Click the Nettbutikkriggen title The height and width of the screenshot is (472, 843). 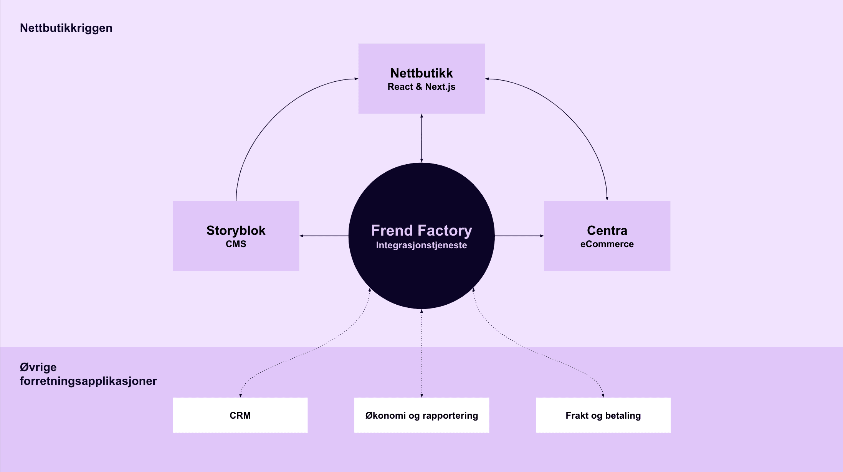(66, 28)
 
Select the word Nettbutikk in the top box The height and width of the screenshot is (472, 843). (421, 73)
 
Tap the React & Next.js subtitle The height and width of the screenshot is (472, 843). (421, 87)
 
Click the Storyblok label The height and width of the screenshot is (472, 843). (236, 230)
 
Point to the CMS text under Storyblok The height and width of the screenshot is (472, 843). (236, 244)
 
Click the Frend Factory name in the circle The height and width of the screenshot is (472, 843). (421, 230)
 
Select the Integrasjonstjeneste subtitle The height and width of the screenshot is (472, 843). (421, 245)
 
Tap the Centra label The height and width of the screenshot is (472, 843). (607, 230)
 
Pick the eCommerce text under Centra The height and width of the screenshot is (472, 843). (607, 244)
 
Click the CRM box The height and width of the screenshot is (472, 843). (240, 415)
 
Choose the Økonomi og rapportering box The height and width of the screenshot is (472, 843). (421, 415)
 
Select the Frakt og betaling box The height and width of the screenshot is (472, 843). (603, 415)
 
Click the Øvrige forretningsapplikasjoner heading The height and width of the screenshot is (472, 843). (88, 374)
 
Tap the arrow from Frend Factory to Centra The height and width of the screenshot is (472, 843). (519, 236)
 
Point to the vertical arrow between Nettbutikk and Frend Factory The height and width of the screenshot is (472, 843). (421, 138)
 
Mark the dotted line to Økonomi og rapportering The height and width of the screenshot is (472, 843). (421, 353)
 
